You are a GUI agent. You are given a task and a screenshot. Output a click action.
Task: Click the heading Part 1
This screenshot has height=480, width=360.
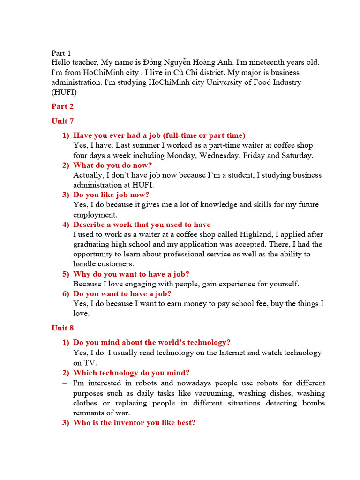pyautogui.click(x=61, y=53)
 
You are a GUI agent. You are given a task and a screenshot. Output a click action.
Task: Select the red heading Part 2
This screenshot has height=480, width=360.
pyautogui.click(x=62, y=106)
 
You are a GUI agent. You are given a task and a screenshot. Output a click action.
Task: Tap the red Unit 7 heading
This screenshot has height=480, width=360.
pyautogui.click(x=62, y=121)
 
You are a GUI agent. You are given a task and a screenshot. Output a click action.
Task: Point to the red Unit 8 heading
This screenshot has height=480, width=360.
pyautogui.click(x=62, y=328)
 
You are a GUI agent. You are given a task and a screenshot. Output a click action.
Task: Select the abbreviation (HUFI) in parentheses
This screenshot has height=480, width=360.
pyautogui.click(x=64, y=92)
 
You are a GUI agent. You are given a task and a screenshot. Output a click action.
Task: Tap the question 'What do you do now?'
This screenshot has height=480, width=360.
pyautogui.click(x=112, y=165)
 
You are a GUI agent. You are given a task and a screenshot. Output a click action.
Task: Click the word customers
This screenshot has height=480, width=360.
pyautogui.click(x=117, y=264)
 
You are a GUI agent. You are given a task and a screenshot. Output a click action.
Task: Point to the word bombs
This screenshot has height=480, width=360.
pyautogui.click(x=313, y=403)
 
